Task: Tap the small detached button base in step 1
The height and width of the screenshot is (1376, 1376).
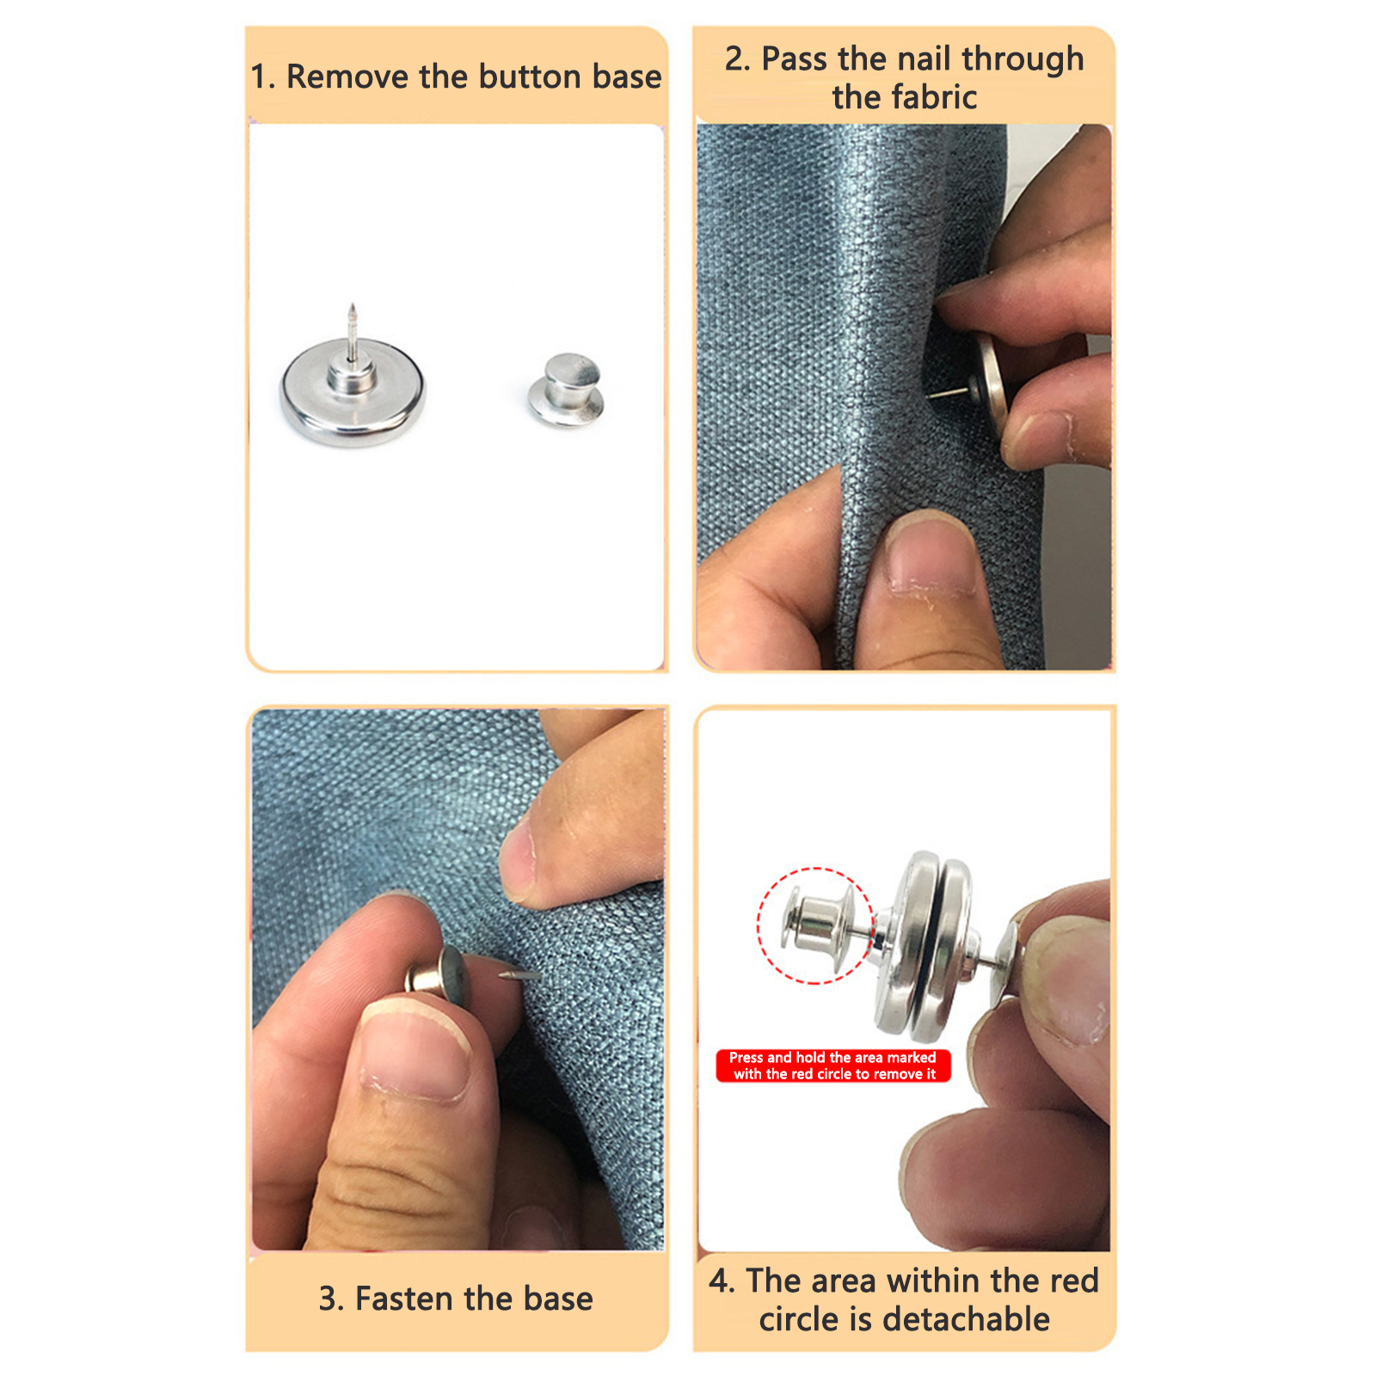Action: pos(567,390)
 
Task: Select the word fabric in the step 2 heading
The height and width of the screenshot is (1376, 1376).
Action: pos(934,97)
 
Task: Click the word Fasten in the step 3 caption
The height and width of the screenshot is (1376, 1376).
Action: pos(410,1299)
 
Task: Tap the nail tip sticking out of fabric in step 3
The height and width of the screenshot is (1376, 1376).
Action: pos(519,974)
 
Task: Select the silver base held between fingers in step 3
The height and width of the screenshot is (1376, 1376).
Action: pos(439,975)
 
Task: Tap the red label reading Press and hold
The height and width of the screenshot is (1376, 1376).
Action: pos(832,1066)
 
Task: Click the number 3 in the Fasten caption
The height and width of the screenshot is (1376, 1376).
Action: pos(328,1299)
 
